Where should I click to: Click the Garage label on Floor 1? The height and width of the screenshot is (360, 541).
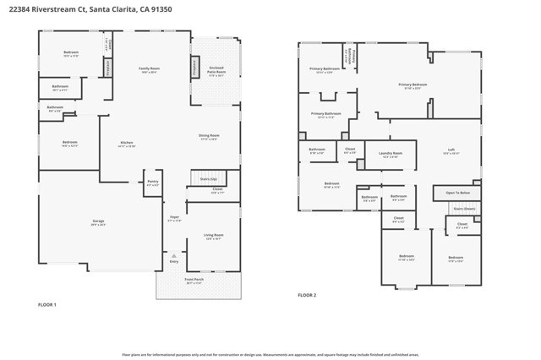(99, 221)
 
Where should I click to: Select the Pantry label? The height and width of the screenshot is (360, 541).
(152, 182)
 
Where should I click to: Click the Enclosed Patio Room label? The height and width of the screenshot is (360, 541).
(216, 72)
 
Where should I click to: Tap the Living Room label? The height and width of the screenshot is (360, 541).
(213, 236)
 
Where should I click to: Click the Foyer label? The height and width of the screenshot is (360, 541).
(174, 217)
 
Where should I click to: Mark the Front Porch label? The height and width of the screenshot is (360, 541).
(194, 279)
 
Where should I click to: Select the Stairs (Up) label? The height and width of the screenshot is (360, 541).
(209, 179)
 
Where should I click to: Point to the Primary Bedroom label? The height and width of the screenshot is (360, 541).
(413, 85)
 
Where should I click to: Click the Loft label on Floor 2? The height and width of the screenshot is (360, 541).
(451, 151)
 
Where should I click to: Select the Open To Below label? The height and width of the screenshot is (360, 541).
(457, 193)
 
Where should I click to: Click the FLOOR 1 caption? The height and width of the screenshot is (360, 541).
(47, 304)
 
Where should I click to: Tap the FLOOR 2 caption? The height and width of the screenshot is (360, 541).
(307, 295)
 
